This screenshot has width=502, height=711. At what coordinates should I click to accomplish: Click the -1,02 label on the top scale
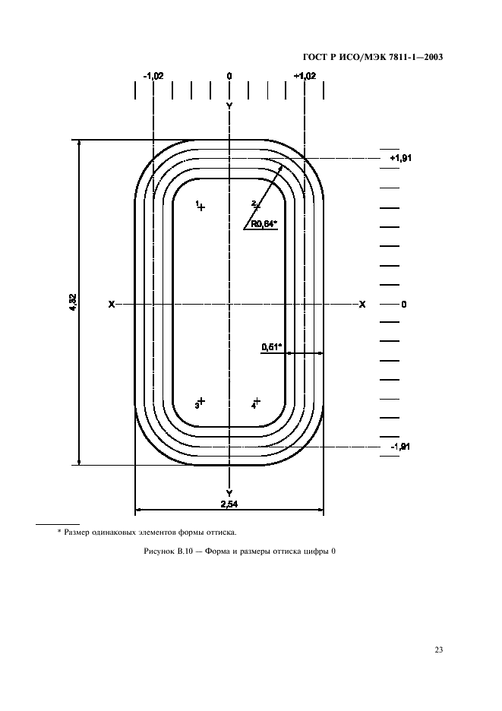(153, 76)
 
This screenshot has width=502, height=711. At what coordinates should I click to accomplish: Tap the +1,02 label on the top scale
(305, 76)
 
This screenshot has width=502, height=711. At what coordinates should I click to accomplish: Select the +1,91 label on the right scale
(400, 158)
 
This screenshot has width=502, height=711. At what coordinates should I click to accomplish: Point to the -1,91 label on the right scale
(401, 447)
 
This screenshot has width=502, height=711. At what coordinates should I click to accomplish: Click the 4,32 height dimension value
(73, 302)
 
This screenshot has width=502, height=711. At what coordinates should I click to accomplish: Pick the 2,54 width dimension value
(229, 504)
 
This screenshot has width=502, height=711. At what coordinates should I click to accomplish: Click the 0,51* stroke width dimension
(271, 347)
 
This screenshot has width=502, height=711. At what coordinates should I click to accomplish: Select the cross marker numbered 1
(201, 207)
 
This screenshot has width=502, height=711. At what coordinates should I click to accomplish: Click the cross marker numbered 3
(201, 401)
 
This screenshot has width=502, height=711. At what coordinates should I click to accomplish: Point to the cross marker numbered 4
(257, 401)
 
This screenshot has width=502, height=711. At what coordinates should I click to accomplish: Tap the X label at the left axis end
(112, 305)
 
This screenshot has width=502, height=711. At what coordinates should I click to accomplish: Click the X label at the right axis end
(362, 305)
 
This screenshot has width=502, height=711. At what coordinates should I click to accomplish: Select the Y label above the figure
(229, 106)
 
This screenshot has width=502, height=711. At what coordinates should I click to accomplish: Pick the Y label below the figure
(229, 493)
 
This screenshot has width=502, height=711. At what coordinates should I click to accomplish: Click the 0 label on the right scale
(404, 305)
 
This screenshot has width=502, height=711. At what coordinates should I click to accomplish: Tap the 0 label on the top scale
(229, 76)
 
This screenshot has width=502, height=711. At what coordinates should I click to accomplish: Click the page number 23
(438, 649)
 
